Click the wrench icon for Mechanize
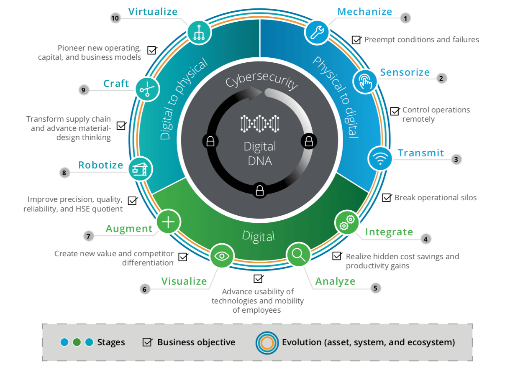[x=317, y=33]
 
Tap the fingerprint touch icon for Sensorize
[x=365, y=81]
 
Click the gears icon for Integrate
[x=347, y=222]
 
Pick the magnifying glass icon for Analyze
[x=298, y=254]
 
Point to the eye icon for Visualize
[x=222, y=255]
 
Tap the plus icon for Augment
[x=168, y=222]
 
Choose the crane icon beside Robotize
[x=140, y=169]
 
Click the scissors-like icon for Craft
[x=147, y=89]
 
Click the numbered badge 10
[x=115, y=18]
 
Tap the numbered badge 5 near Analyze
[x=375, y=288]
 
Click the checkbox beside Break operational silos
[x=387, y=197]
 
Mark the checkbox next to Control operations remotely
[x=395, y=111]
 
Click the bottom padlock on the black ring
[x=260, y=191]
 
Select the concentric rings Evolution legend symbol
[x=267, y=342]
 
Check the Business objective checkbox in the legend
[x=147, y=342]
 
